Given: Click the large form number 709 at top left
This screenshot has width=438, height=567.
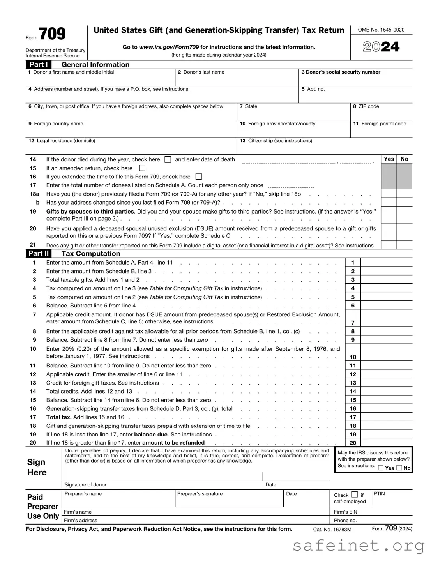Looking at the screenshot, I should pos(52,34).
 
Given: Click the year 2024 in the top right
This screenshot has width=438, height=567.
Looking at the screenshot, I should pos(381,47).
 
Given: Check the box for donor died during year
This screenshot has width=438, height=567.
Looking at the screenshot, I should pos(168,159).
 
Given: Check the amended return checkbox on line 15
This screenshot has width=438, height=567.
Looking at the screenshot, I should pos(142,168).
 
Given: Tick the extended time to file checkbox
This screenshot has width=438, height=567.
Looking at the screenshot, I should pos(199,177).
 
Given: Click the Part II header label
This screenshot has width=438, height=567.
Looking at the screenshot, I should pos(39,253).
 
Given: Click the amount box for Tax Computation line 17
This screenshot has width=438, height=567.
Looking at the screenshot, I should pos(386,417).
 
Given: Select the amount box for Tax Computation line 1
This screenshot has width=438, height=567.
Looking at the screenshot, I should pos(386,263).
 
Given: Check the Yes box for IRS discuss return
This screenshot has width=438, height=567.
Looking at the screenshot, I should pos(381,468).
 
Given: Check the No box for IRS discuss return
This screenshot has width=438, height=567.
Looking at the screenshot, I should pos(399,468).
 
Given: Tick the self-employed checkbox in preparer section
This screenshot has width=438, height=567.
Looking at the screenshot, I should pos(355,495).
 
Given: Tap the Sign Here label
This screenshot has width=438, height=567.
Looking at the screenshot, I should pos(37,467).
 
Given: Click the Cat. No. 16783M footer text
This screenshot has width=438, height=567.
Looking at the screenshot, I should pos(332,529).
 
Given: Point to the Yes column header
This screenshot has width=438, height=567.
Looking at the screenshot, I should pos(389,159).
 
